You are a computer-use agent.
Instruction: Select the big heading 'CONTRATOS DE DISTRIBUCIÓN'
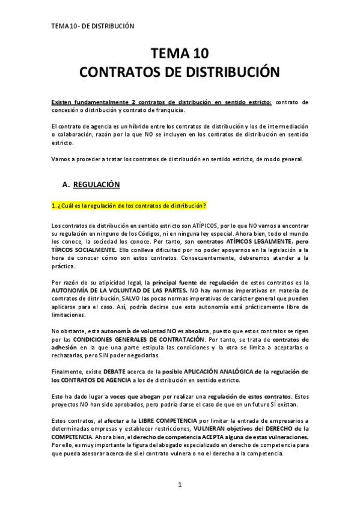(179, 72)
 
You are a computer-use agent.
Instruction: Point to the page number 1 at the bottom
(179, 485)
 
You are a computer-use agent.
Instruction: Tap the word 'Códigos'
(142, 233)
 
